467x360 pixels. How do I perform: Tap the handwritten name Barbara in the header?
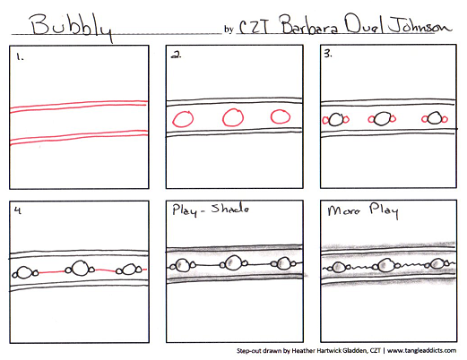(310, 24)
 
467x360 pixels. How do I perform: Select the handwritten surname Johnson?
(420, 25)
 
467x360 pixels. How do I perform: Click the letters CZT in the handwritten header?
(255, 26)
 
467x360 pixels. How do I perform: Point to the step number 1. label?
(20, 56)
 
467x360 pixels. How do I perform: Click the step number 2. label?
(176, 55)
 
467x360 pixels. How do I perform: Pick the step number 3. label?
(328, 54)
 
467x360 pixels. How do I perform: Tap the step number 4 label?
(18, 210)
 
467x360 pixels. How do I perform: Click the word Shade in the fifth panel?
(229, 209)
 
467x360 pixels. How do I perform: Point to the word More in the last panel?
(343, 210)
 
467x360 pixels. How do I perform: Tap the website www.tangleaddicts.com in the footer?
(421, 350)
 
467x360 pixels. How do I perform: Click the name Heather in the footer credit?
(303, 350)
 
